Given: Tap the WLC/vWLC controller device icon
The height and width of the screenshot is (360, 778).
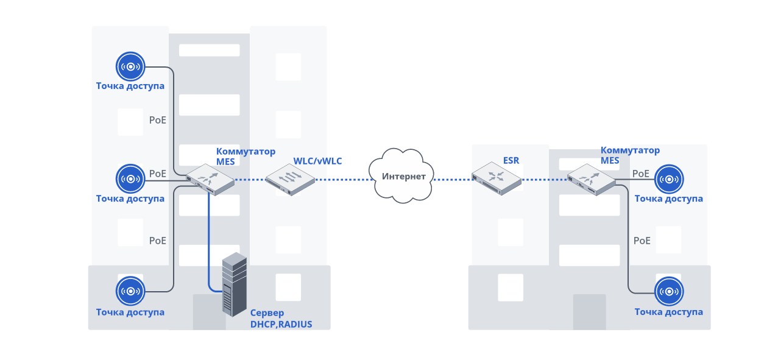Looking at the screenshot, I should [290, 179].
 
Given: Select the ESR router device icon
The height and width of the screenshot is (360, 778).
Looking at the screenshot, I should [497, 178].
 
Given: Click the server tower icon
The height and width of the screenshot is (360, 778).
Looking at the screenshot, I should [235, 284].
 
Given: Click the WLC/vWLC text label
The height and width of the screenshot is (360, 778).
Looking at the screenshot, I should [317, 161].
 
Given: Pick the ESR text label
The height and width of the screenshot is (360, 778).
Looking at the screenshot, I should [511, 161].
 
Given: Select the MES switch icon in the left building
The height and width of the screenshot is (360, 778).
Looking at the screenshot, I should [210, 179].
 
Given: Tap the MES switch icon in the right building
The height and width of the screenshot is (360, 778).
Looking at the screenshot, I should [591, 178].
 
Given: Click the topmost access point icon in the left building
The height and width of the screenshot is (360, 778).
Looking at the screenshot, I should [130, 66].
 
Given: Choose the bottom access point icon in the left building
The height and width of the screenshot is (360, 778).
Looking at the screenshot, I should [130, 291].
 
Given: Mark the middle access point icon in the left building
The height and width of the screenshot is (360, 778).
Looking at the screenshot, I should [130, 179].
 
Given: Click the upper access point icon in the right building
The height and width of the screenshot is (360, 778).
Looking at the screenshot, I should [669, 179].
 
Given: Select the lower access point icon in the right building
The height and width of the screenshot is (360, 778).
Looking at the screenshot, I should [669, 291].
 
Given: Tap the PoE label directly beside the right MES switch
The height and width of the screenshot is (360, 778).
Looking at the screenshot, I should [641, 174].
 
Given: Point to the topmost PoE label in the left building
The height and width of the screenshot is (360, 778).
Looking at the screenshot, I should [158, 120].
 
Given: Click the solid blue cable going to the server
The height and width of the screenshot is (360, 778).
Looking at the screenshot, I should [209, 244].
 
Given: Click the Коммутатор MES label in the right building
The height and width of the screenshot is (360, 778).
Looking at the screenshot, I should [630, 155].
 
